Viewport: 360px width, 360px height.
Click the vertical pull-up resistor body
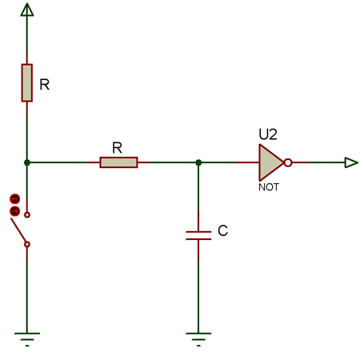pos(27,83)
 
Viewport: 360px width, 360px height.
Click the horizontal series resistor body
pos(118,162)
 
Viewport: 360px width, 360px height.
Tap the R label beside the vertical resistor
pos(45,84)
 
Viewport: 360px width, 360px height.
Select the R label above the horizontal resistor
pos(117,148)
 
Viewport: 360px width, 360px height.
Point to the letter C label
pos(223,231)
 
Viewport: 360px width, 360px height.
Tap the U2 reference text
pos(267,135)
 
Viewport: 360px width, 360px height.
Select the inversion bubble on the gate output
pos(288,162)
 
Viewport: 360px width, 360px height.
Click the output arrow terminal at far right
pos(350,162)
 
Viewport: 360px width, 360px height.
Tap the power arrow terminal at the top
pos(27,10)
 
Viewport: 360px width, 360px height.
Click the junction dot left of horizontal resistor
pos(27,162)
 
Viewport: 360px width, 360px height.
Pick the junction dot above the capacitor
pos(198,162)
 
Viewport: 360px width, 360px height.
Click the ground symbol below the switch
pos(27,337)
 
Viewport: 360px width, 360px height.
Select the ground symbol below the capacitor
pos(198,337)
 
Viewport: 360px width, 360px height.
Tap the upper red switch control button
pos(14,198)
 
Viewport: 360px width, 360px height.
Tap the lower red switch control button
pos(14,211)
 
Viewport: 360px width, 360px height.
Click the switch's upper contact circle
pos(27,215)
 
